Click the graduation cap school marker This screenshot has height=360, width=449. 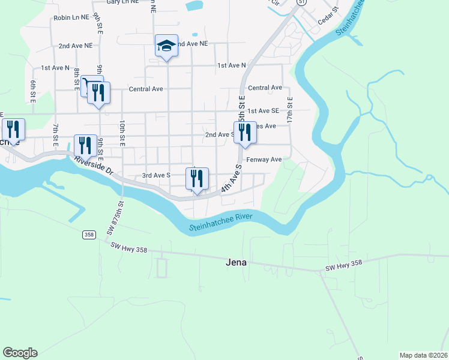point(167,46)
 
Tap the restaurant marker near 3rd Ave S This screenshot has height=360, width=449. point(197,178)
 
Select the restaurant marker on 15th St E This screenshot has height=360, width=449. point(245,133)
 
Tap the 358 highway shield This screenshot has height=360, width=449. point(89,235)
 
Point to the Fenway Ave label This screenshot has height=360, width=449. point(264,160)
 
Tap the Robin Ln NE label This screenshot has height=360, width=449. point(70,18)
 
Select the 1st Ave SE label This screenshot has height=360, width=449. point(264,111)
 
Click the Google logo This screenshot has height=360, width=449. point(20,353)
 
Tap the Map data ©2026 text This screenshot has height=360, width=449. point(423,355)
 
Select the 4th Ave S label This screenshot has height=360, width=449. point(231,178)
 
